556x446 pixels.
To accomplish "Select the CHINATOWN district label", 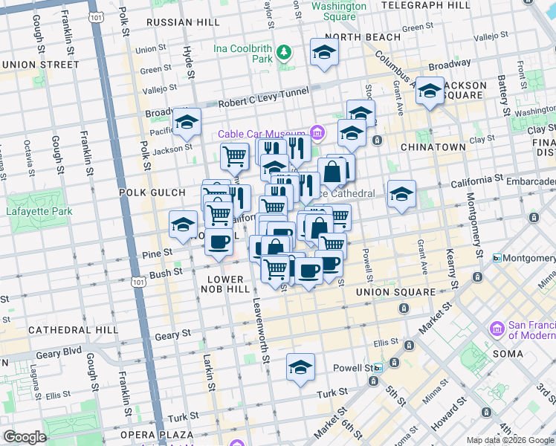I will (433, 147).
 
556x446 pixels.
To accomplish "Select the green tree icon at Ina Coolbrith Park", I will (283, 52).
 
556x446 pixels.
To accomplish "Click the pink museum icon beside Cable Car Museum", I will (317, 134).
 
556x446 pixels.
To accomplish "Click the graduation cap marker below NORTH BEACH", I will (324, 52).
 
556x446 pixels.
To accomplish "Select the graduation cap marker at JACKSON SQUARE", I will (429, 91).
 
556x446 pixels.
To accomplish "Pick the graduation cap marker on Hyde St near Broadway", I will (187, 122).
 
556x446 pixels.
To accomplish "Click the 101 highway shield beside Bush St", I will (138, 282).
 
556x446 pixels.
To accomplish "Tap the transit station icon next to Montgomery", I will (497, 258).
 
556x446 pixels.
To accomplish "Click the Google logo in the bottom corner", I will (25, 437).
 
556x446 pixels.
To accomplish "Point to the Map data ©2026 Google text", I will (510, 440).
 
